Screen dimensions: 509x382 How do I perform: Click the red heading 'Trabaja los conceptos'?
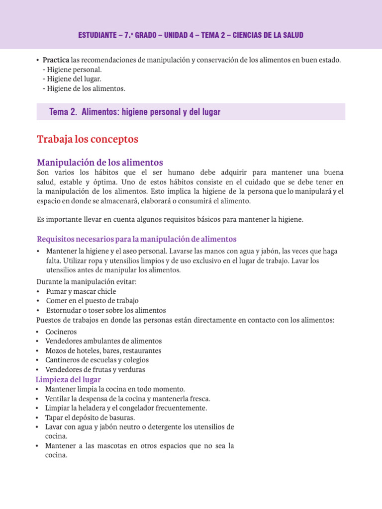pyautogui.click(x=87, y=140)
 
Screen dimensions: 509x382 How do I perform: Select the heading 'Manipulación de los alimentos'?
pyautogui.click(x=100, y=163)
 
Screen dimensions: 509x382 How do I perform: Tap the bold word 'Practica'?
pyautogui.click(x=56, y=60)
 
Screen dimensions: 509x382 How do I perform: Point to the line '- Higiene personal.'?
pyautogui.click(x=72, y=70)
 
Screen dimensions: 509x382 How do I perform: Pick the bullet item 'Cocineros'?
pyautogui.click(x=61, y=332)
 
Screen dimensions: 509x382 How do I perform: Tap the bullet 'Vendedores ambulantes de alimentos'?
pyautogui.click(x=103, y=341)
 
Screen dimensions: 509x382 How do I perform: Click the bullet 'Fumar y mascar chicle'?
pyautogui.click(x=81, y=291)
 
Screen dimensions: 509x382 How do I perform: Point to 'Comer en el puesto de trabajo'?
pyautogui.click(x=93, y=301)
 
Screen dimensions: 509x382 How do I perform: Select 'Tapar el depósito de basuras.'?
pyautogui.click(x=90, y=418)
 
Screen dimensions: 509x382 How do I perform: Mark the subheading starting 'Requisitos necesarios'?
pyautogui.click(x=137, y=239)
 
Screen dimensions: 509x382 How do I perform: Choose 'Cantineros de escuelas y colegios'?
pyautogui.click(x=97, y=360)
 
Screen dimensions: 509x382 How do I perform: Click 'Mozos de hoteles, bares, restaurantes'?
pyautogui.click(x=103, y=350)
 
